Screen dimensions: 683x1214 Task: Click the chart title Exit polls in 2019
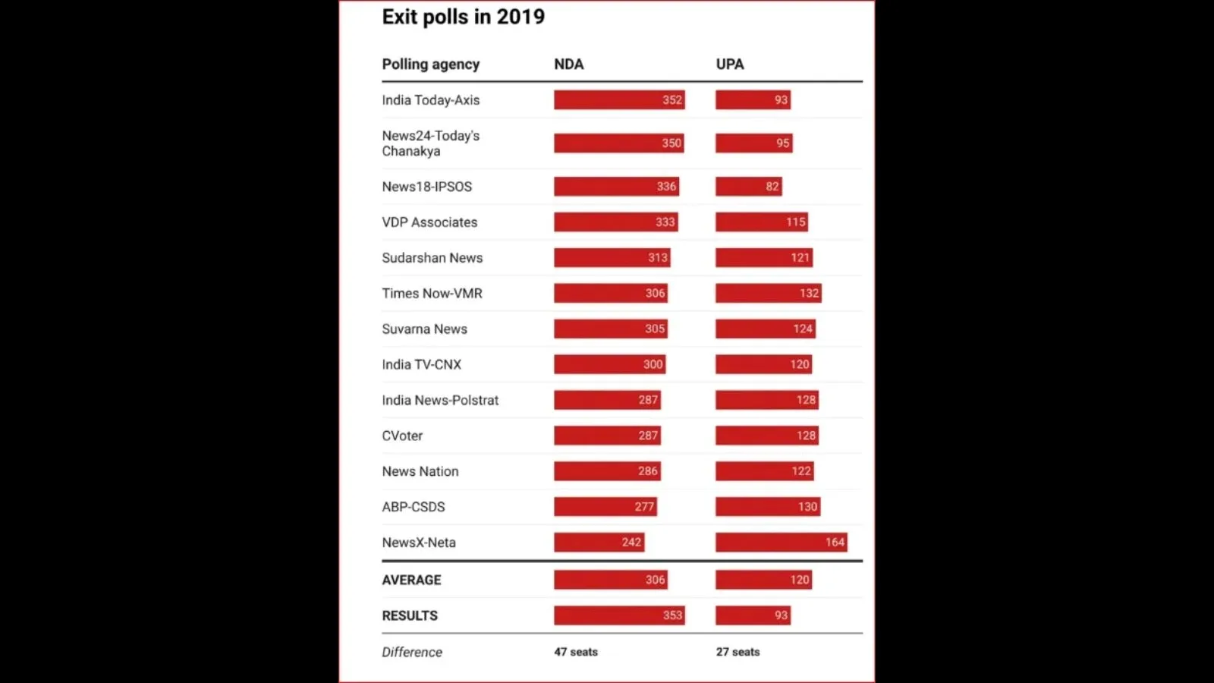click(463, 17)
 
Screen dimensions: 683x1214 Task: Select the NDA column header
click(568, 65)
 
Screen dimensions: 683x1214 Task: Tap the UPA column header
click(729, 65)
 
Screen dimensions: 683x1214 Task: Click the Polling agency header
click(430, 65)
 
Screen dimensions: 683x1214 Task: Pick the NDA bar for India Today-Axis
click(618, 100)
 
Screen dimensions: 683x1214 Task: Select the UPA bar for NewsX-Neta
click(781, 543)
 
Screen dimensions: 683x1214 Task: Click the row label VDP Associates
click(429, 222)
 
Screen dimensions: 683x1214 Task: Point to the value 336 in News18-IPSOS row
click(666, 187)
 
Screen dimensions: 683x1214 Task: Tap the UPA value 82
click(772, 187)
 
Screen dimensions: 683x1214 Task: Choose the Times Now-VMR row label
click(432, 294)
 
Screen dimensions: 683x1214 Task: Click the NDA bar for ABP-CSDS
click(605, 507)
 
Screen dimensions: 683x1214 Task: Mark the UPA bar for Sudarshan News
click(763, 258)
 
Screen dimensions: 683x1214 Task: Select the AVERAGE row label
click(411, 580)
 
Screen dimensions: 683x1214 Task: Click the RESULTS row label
click(410, 615)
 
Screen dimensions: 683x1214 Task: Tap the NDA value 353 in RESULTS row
click(672, 615)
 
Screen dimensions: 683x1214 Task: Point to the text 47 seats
click(576, 652)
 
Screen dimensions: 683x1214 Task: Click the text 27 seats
click(738, 652)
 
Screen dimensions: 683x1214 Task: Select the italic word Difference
click(412, 652)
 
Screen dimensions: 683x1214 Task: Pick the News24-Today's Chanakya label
click(430, 143)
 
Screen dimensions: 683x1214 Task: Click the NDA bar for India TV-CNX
click(609, 364)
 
